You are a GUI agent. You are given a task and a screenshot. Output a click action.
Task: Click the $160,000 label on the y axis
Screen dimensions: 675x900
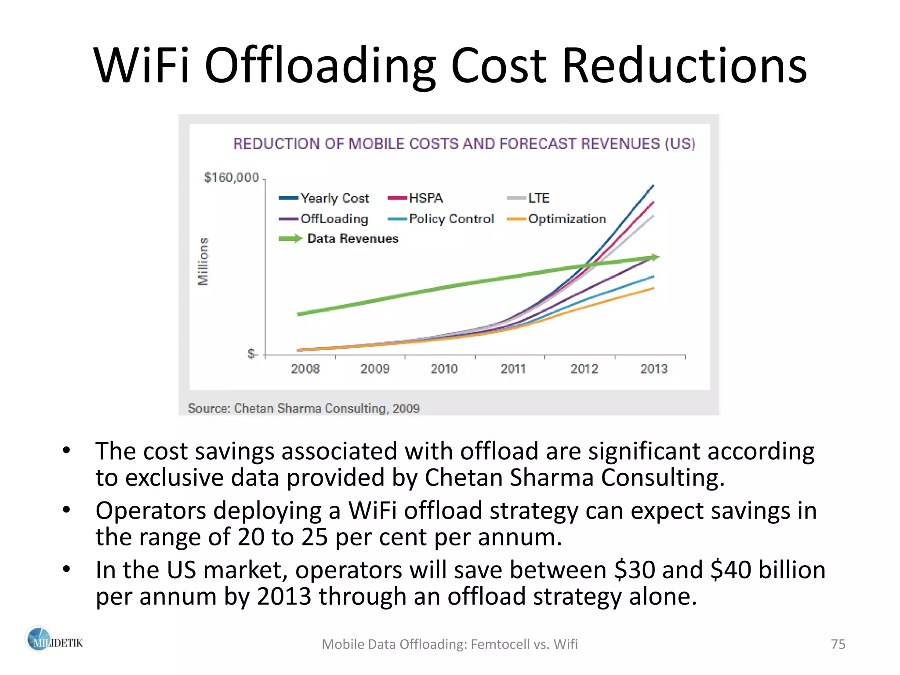pyautogui.click(x=231, y=178)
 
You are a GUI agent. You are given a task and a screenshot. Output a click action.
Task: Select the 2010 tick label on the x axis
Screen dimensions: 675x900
pyautogui.click(x=444, y=369)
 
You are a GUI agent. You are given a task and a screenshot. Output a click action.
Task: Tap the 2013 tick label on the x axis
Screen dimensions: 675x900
pyautogui.click(x=653, y=369)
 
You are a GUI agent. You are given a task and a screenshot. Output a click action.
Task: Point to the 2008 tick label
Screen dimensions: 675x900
pyautogui.click(x=305, y=369)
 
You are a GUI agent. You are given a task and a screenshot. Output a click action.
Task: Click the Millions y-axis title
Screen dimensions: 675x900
pyautogui.click(x=203, y=261)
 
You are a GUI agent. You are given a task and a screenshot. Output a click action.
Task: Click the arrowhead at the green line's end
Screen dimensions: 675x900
pyautogui.click(x=655, y=257)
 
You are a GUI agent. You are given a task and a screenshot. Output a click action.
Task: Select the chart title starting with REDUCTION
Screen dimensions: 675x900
pyautogui.click(x=464, y=144)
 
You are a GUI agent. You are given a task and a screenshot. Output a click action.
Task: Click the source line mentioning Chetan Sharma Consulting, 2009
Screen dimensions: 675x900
pyautogui.click(x=303, y=408)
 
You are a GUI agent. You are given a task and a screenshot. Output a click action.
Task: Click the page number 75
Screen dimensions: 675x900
pyautogui.click(x=838, y=644)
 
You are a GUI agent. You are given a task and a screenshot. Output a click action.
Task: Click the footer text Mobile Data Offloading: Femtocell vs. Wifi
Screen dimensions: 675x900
pyautogui.click(x=450, y=644)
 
